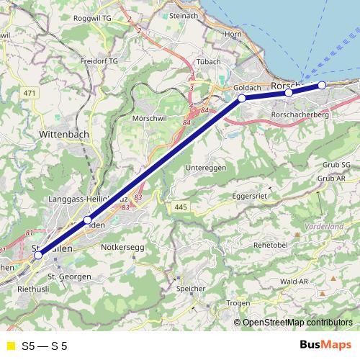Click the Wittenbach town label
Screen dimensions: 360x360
tap(64, 134)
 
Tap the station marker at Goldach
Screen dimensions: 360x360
tap(242, 98)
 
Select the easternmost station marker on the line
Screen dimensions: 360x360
tap(322, 85)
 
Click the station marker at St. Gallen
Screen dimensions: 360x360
tap(38, 253)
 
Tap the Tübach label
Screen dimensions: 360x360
tap(207, 62)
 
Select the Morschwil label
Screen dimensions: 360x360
tap(151, 117)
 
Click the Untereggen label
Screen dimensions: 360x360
tap(206, 167)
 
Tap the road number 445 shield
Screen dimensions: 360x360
tap(180, 207)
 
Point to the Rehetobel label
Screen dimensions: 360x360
tap(271, 245)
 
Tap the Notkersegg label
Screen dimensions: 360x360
tap(123, 248)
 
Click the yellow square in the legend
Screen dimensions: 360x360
tap(10, 346)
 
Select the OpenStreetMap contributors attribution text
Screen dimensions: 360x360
tap(297, 322)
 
